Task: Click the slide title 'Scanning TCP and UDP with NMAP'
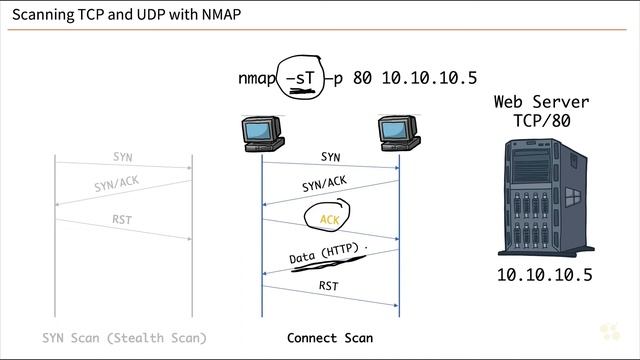(x=126, y=16)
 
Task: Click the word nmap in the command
(x=259, y=78)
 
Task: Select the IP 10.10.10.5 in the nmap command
(x=429, y=78)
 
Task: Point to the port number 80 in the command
(x=363, y=78)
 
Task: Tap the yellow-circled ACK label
(x=330, y=219)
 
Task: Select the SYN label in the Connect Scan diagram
(x=330, y=157)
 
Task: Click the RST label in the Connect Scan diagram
(x=329, y=286)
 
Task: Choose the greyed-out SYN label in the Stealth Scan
(x=122, y=157)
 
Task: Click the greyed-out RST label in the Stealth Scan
(x=122, y=219)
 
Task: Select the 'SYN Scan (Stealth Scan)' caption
(x=125, y=338)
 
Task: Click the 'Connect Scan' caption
(x=330, y=338)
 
